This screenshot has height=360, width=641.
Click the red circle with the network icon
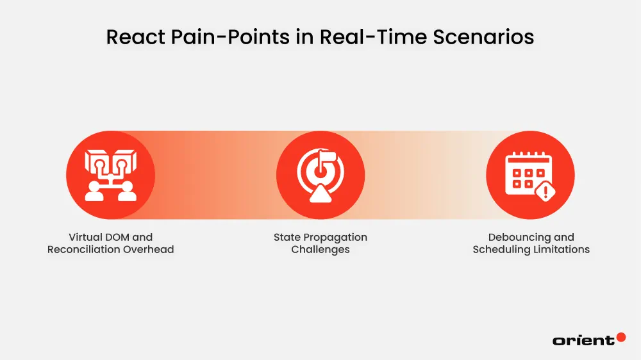pyautogui.click(x=110, y=175)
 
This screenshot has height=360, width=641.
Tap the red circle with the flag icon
pyautogui.click(x=320, y=175)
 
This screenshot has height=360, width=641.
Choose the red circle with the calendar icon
pyautogui.click(x=530, y=175)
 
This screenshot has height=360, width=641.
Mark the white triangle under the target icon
pyautogui.click(x=320, y=195)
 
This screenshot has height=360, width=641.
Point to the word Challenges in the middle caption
pyautogui.click(x=320, y=250)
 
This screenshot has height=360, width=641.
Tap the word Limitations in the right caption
pyautogui.click(x=562, y=250)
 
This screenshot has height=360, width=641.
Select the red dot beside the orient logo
pyautogui.click(x=620, y=337)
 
